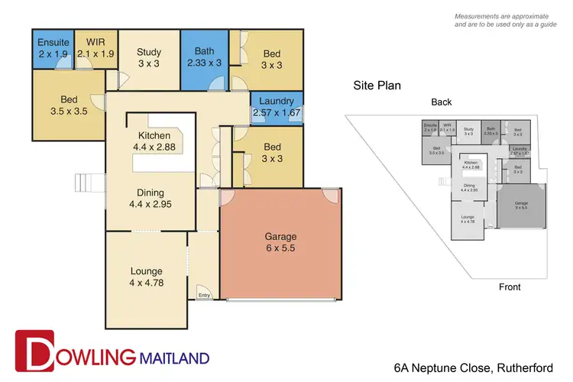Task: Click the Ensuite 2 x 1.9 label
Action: pyautogui.click(x=53, y=47)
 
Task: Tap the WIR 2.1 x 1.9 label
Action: pyautogui.click(x=95, y=47)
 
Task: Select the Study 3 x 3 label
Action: pyautogui.click(x=149, y=58)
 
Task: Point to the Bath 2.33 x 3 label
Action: pyautogui.click(x=204, y=58)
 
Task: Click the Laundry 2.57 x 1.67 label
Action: pyautogui.click(x=277, y=107)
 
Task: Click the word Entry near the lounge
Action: pyautogui.click(x=204, y=296)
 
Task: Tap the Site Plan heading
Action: pyautogui.click(x=377, y=86)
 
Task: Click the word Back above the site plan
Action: pyautogui.click(x=441, y=102)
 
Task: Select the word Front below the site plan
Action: pyautogui.click(x=509, y=287)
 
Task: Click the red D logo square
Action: pyautogui.click(x=34, y=348)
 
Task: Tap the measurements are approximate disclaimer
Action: pyautogui.click(x=506, y=21)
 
